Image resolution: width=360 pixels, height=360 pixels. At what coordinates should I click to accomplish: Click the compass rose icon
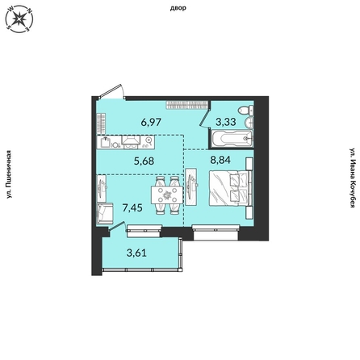(x=19, y=20)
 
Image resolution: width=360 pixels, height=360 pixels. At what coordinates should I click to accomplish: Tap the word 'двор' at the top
(x=179, y=8)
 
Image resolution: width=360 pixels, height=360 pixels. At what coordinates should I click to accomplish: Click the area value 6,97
(x=150, y=121)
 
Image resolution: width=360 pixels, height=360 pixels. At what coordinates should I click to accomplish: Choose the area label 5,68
(x=144, y=159)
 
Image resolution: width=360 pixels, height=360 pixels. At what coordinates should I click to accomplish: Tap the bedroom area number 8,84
(x=220, y=159)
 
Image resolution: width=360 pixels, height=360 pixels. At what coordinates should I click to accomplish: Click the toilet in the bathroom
(x=245, y=111)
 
